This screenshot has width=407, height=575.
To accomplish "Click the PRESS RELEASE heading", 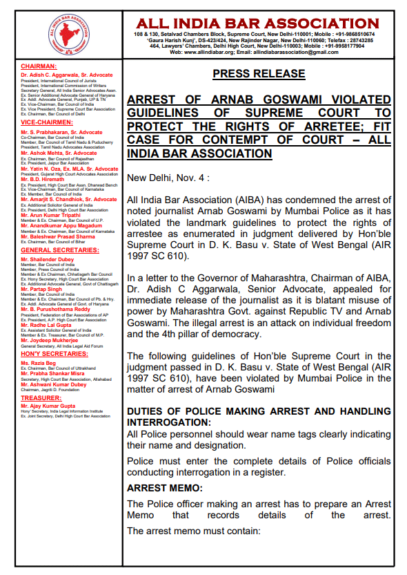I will point(258,73).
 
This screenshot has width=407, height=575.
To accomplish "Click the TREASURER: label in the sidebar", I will point(37,398).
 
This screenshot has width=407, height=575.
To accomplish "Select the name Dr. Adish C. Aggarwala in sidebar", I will point(67,75).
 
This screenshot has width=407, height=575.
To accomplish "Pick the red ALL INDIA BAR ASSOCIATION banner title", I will point(257,23).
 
